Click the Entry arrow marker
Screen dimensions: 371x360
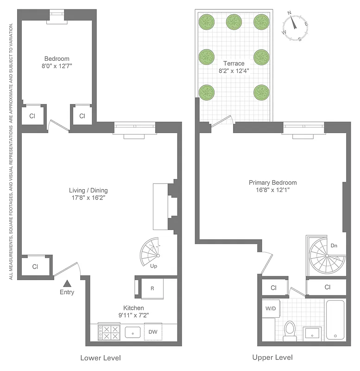(67, 283)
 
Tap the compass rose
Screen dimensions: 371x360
(295, 27)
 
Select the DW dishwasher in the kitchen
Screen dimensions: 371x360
(153, 332)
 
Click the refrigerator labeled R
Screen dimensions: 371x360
(152, 288)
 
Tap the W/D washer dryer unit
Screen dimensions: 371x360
(270, 308)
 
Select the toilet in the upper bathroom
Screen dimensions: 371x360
(290, 331)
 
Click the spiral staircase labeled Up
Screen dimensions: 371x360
(152, 253)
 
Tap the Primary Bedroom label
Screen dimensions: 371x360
(272, 183)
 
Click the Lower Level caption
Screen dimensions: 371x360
(101, 358)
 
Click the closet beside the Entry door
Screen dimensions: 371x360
(35, 267)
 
